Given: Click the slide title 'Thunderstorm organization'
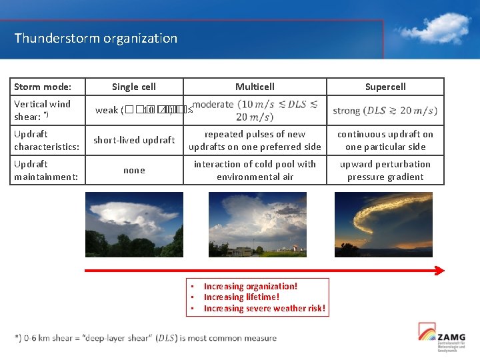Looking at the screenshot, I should point(96,38).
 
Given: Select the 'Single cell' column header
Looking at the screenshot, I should point(134,87).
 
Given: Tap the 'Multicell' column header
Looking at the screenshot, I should point(255,87).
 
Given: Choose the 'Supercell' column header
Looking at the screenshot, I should point(385,87).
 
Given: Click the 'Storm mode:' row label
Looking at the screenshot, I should point(43,87).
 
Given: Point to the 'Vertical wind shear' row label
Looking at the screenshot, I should point(42,110).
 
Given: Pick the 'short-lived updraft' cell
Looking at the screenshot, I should point(134,140).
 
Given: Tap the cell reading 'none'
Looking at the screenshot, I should point(134,170).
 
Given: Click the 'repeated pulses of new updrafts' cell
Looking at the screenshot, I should point(255,140).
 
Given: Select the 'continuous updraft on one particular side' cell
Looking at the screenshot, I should point(385,140).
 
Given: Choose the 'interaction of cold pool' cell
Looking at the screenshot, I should point(255,170).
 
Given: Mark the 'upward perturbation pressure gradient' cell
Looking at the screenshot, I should point(385,170).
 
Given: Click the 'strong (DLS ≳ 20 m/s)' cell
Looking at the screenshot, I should point(385,111).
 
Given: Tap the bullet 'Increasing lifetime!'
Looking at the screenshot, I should point(241,297).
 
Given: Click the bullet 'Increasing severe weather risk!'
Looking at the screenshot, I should point(265,308).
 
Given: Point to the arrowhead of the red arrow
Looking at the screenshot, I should point(439,270).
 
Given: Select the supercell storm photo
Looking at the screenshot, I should point(383,225).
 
